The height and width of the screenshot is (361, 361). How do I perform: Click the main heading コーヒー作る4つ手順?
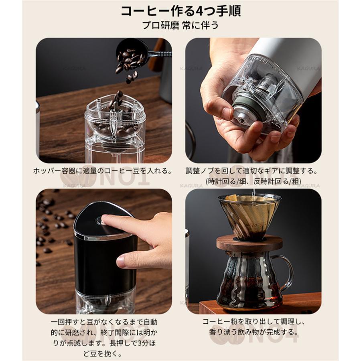coord(180,11)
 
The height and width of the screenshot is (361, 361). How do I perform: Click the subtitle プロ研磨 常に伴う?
coord(180,25)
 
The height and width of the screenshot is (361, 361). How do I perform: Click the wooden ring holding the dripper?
coord(249,243)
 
